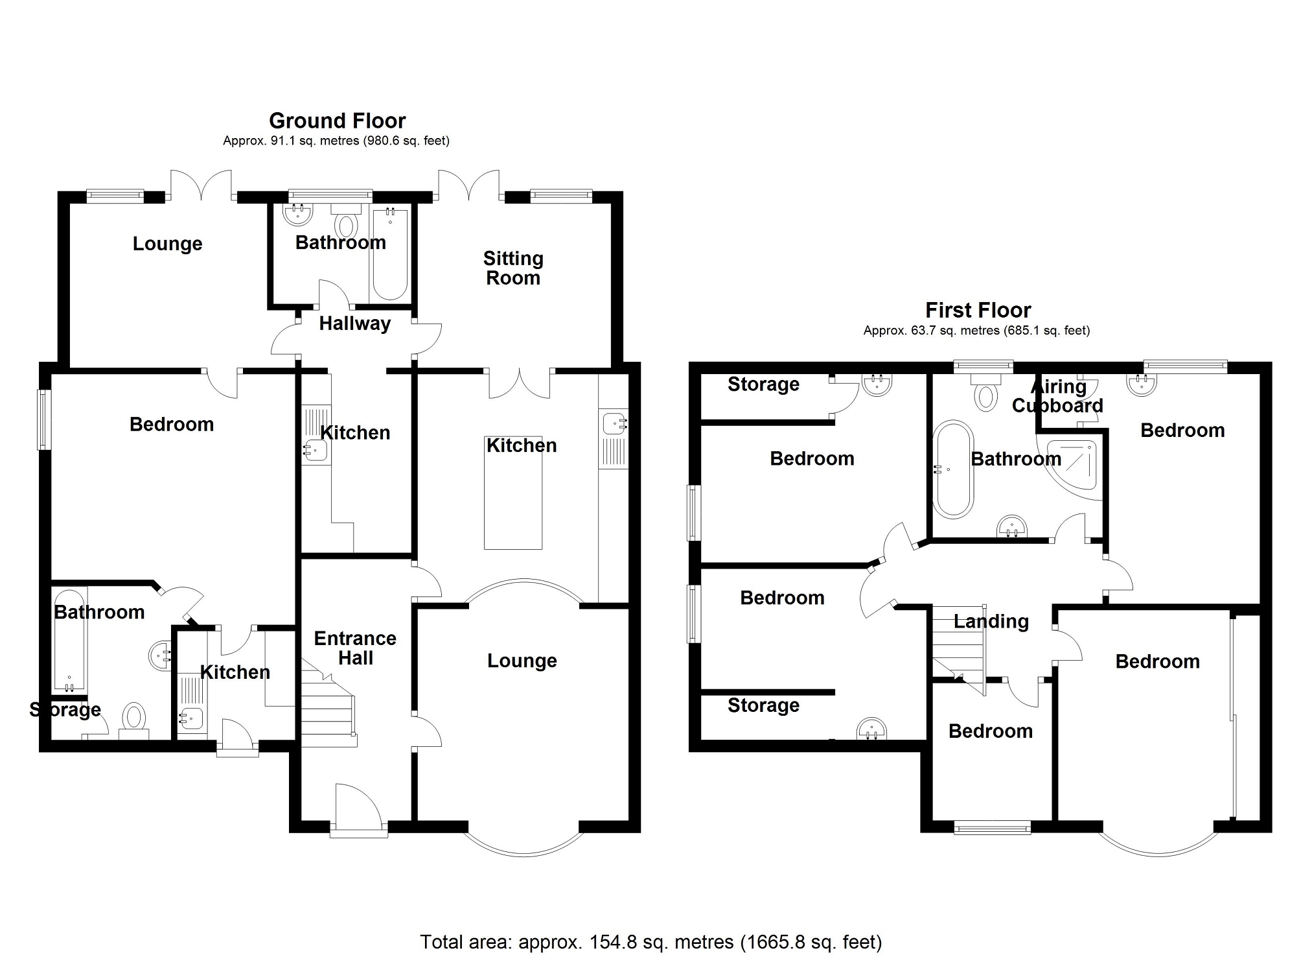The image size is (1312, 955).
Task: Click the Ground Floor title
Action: point(337,121)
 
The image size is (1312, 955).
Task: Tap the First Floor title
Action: point(978,310)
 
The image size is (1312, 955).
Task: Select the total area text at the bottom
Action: point(650,941)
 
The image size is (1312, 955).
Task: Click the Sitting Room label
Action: point(513,268)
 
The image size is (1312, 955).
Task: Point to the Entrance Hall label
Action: point(355,648)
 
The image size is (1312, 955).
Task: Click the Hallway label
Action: point(354,323)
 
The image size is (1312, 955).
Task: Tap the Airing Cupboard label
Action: point(1057,395)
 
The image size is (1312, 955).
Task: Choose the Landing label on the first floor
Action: point(991,621)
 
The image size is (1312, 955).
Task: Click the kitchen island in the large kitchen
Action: point(513,493)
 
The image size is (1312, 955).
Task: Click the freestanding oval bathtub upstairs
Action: point(952,469)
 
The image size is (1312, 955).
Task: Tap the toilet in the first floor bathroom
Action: point(985,394)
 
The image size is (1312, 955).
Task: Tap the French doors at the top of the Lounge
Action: point(201,184)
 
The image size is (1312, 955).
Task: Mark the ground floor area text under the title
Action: point(336,141)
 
